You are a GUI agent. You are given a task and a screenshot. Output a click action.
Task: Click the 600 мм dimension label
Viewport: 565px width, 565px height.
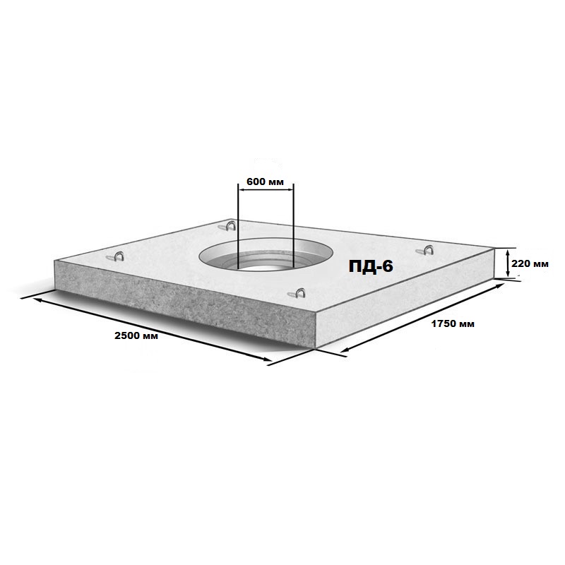click(x=265, y=182)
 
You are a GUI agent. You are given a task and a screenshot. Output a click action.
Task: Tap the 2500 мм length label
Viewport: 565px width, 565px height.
click(x=136, y=336)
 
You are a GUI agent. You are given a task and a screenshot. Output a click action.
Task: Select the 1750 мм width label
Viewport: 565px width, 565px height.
click(x=453, y=324)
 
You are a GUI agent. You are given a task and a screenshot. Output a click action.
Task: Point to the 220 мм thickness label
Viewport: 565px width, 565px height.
click(x=530, y=263)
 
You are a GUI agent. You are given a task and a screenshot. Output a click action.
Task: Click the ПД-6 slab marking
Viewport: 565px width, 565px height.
click(x=371, y=266)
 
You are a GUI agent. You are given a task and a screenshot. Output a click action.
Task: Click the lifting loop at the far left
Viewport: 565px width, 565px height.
click(x=116, y=256)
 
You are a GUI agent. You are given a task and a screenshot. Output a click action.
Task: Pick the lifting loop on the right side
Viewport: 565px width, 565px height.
click(x=425, y=250)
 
